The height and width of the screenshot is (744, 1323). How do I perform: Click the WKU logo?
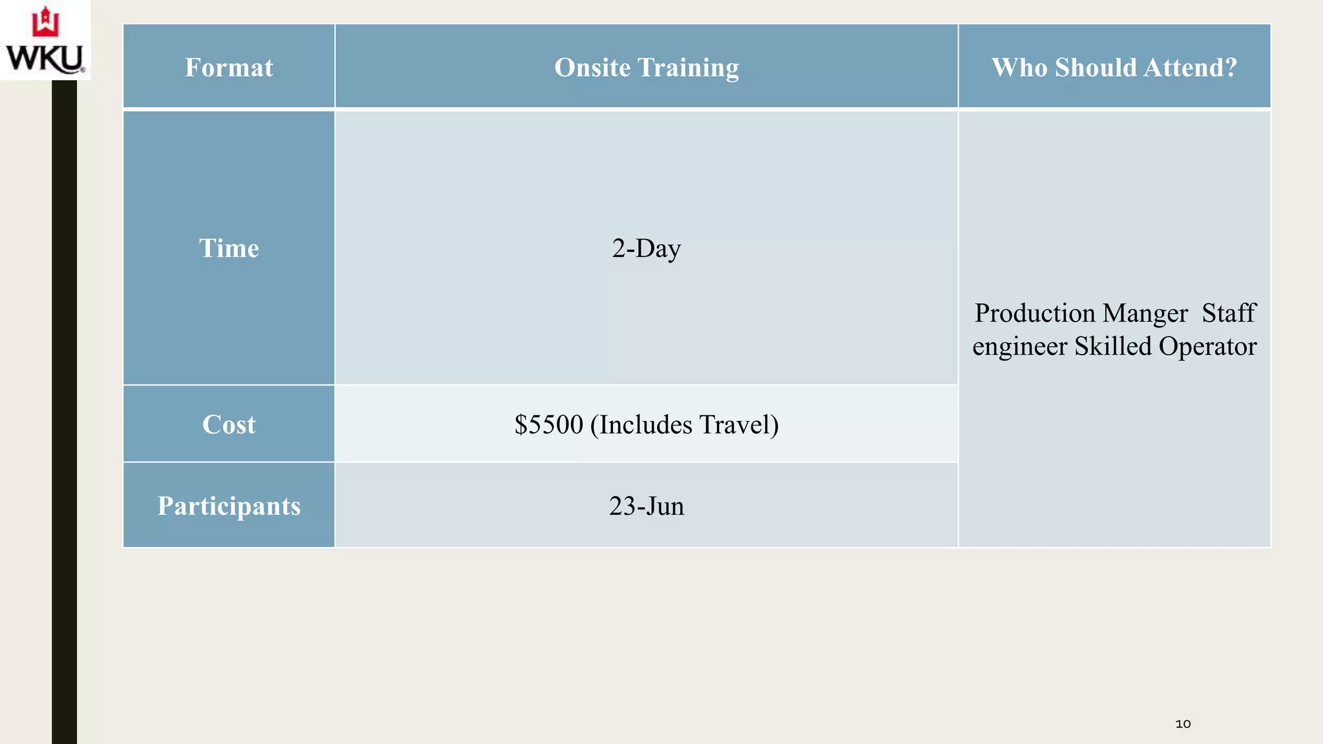click(x=45, y=40)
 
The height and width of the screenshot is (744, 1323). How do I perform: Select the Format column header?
click(x=229, y=67)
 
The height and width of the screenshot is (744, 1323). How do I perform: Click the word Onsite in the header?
click(x=592, y=67)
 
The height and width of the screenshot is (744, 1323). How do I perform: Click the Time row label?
click(x=229, y=248)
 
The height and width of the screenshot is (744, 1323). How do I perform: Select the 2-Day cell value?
click(x=646, y=248)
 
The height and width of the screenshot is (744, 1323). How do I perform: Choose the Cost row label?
click(x=229, y=424)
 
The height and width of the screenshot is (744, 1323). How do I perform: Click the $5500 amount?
click(x=548, y=424)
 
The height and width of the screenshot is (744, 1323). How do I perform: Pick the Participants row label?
click(x=229, y=506)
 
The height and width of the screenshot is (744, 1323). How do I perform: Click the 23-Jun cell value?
click(x=646, y=506)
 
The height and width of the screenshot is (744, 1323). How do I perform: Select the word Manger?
click(x=1145, y=313)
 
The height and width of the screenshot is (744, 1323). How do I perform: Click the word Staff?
click(x=1229, y=313)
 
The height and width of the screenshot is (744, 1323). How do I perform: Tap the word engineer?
click(x=1019, y=347)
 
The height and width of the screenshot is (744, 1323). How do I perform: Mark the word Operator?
click(x=1207, y=347)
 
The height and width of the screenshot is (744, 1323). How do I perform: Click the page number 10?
click(x=1183, y=724)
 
